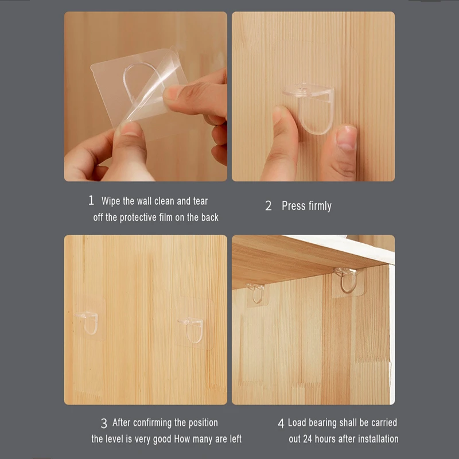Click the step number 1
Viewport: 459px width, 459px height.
pyautogui.click(x=91, y=201)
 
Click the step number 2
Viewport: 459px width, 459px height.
pyautogui.click(x=268, y=207)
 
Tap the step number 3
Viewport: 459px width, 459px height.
pyautogui.click(x=104, y=423)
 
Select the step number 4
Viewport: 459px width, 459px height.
pyautogui.click(x=281, y=423)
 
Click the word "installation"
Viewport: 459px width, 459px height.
pyautogui.click(x=372, y=439)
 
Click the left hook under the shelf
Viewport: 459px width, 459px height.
pyautogui.click(x=256, y=292)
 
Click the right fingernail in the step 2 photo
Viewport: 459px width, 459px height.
pyautogui.click(x=346, y=138)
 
